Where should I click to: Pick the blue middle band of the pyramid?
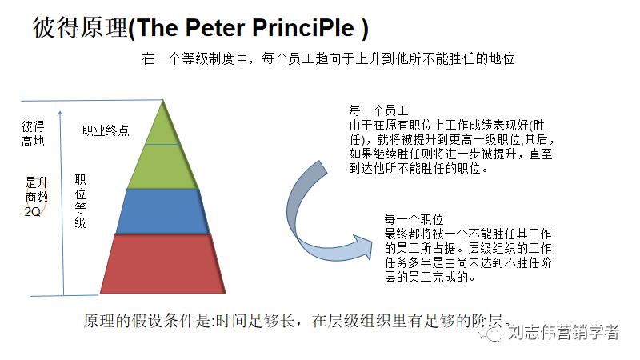[x=164, y=211]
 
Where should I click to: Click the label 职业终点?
[x=106, y=130]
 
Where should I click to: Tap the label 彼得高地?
[x=33, y=134]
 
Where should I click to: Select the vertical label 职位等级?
[x=80, y=201]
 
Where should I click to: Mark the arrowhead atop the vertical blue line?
[x=63, y=104]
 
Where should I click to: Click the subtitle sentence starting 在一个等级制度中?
[x=327, y=58]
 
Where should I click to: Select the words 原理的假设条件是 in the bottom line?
[x=135, y=321]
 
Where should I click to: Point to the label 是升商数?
[x=37, y=190]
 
